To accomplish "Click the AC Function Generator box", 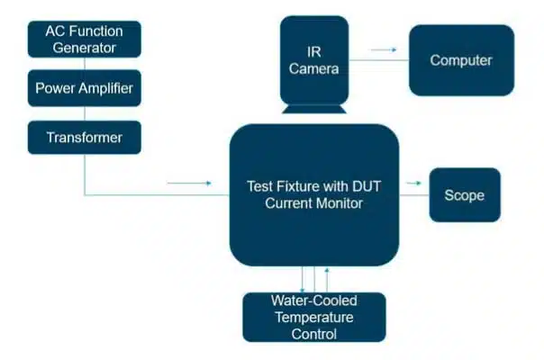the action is [85, 40].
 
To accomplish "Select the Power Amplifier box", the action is [85, 88].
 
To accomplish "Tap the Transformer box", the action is [85, 138].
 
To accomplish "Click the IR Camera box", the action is [314, 60].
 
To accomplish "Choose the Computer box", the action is [461, 60].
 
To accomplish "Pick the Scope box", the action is [465, 195].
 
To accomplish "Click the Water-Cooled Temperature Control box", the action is [314, 318].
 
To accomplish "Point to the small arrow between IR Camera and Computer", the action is [384, 49].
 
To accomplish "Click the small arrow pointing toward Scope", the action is [413, 183].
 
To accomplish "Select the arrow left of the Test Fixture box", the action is [189, 183].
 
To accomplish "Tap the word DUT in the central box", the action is [367, 186].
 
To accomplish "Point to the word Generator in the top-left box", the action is [85, 48].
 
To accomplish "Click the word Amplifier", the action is [105, 88].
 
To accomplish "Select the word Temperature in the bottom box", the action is [314, 318].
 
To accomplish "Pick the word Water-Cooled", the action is [314, 301].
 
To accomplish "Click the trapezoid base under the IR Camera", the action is [314, 109].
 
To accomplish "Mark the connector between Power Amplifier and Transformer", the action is [85, 113].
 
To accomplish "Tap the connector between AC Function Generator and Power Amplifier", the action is [85, 64].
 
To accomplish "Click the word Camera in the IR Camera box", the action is [314, 68].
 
